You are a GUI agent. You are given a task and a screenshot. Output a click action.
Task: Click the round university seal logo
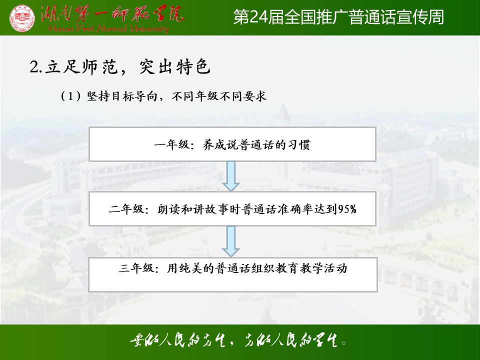[22, 18]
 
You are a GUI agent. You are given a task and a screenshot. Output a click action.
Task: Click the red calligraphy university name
[112, 13]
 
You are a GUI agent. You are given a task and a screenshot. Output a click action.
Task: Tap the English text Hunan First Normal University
[108, 29]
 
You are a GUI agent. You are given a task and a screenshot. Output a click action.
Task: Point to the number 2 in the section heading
[34, 66]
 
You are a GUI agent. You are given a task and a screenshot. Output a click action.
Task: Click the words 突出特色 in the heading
[175, 66]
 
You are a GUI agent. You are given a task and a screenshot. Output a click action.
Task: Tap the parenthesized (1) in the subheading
[70, 96]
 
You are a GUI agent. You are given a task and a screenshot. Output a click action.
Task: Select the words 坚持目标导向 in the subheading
[122, 96]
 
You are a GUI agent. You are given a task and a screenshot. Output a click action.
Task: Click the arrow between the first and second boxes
[231, 176]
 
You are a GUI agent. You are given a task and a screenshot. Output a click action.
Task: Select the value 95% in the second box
[347, 209]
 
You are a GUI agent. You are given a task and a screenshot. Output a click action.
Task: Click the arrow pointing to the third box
[231, 241]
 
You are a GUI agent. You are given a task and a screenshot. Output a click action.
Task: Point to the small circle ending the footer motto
[344, 343]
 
